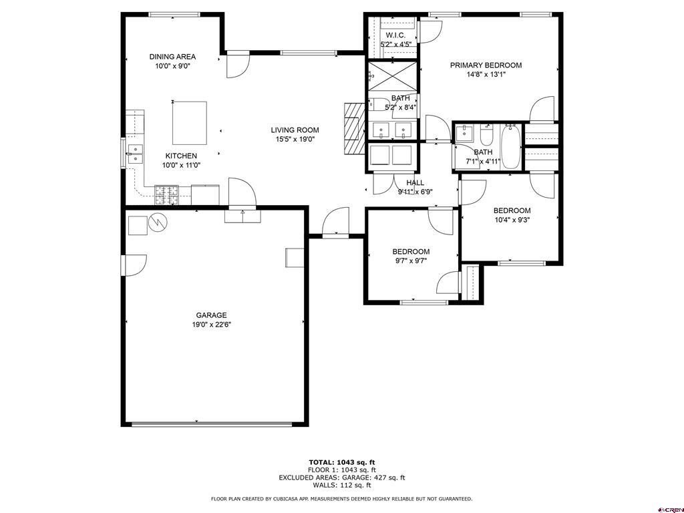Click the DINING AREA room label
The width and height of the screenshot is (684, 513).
pyautogui.click(x=172, y=57)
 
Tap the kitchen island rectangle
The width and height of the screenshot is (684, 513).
pyautogui.click(x=189, y=122)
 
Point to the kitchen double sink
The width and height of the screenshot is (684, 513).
pyautogui.click(x=136, y=154)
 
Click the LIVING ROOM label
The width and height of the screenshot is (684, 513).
pyautogui.click(x=295, y=130)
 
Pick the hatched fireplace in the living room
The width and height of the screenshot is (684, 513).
pyautogui.click(x=352, y=129)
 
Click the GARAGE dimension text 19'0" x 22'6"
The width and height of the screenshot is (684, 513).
pyautogui.click(x=211, y=325)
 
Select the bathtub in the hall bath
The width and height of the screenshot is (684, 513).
pyautogui.click(x=511, y=146)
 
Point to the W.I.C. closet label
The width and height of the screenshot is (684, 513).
pyautogui.click(x=395, y=35)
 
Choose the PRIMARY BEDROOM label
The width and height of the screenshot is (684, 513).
pyautogui.click(x=486, y=65)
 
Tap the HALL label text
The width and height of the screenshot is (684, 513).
pyautogui.click(x=415, y=182)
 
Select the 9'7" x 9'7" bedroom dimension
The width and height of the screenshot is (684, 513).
pyautogui.click(x=411, y=261)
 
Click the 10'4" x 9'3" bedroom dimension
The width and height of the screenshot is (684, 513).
pyautogui.click(x=512, y=220)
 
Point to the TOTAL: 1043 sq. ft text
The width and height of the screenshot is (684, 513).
pyautogui.click(x=341, y=462)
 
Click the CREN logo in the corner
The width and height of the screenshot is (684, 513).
pyautogui.click(x=669, y=508)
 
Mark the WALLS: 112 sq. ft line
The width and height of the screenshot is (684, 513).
pyautogui.click(x=341, y=486)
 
